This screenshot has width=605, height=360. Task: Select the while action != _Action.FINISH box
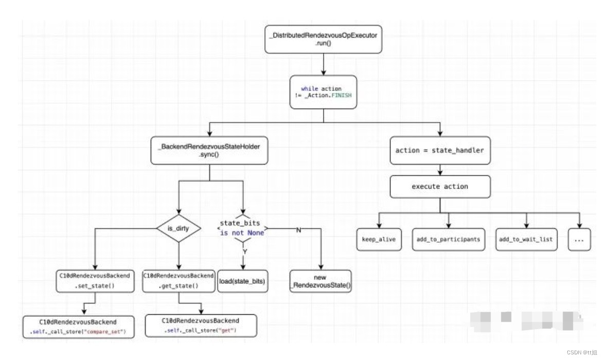tap(324, 93)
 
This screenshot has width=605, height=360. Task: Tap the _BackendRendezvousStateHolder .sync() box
tap(209, 150)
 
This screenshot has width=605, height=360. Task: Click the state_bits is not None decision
tap(242, 228)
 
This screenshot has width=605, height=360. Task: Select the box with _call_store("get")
tap(200, 326)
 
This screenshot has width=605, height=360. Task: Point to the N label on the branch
tap(298, 230)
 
